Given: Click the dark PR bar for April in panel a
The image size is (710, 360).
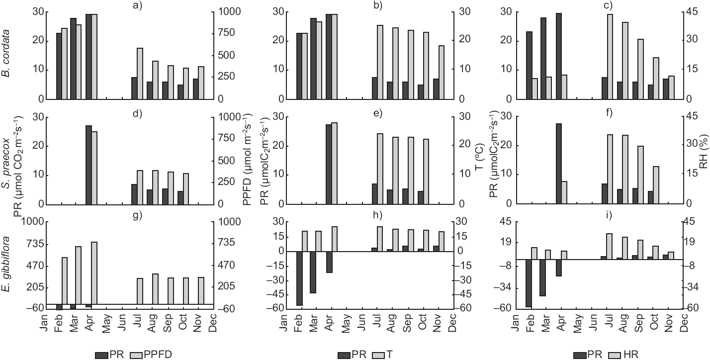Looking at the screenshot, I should pos(89,57).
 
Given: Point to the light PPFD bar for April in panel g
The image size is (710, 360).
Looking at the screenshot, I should pos(94,273).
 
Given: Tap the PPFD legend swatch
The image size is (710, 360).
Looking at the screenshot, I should pos(135,355).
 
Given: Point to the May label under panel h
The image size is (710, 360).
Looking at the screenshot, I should pos(346,322).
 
